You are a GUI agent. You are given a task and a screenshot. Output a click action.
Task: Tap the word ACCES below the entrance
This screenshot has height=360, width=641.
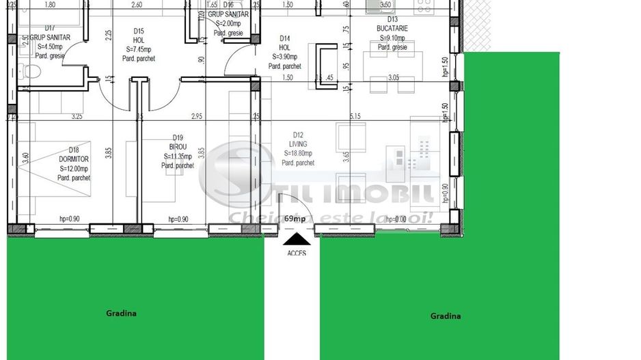(297, 253)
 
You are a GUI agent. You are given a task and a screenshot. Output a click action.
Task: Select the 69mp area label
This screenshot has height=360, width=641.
(295, 219)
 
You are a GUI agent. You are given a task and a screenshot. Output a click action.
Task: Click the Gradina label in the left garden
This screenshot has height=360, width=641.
(121, 314)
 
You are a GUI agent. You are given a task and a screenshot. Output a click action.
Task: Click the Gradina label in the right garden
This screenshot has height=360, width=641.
(445, 316)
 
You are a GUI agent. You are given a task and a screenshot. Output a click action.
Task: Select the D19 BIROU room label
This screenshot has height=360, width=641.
(178, 156)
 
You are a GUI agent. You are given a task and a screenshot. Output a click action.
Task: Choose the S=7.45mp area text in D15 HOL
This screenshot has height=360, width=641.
(139, 49)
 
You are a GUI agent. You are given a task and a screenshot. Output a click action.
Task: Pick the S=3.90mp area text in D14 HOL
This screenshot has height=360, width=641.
(285, 57)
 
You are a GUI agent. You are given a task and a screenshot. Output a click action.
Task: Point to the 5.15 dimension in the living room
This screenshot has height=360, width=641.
(355, 117)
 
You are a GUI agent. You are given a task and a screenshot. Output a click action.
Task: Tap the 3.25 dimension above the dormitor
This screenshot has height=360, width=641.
(77, 117)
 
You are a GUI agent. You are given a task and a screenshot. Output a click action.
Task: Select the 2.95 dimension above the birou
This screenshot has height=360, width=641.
(197, 117)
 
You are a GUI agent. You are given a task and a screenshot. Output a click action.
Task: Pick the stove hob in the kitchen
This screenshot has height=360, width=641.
(424, 8)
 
